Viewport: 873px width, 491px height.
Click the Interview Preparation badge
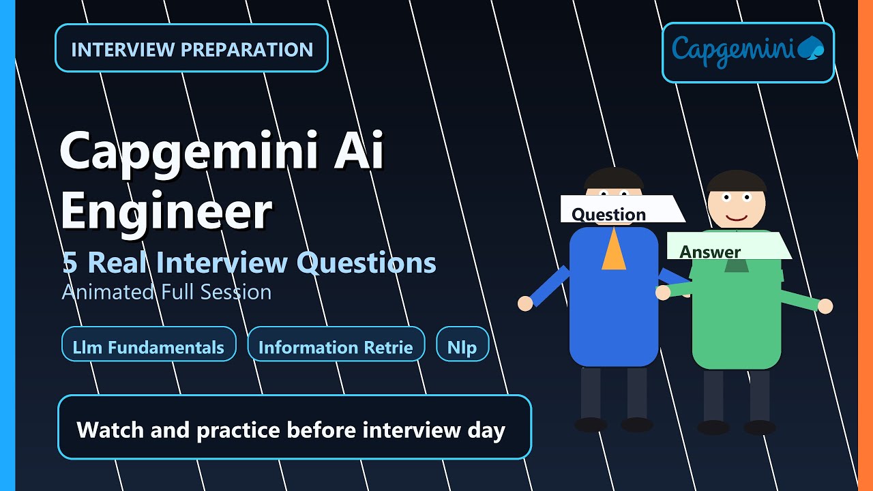click(192, 48)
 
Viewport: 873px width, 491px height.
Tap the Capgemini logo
click(748, 53)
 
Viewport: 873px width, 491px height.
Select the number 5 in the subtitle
click(69, 263)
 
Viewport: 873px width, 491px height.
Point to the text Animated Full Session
click(166, 292)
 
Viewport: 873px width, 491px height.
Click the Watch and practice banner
click(294, 427)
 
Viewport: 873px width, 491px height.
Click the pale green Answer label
click(726, 246)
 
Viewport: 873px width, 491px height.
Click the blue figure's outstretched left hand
click(525, 303)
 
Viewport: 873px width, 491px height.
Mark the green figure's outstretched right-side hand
click(825, 306)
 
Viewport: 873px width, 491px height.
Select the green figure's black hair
click(736, 181)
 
